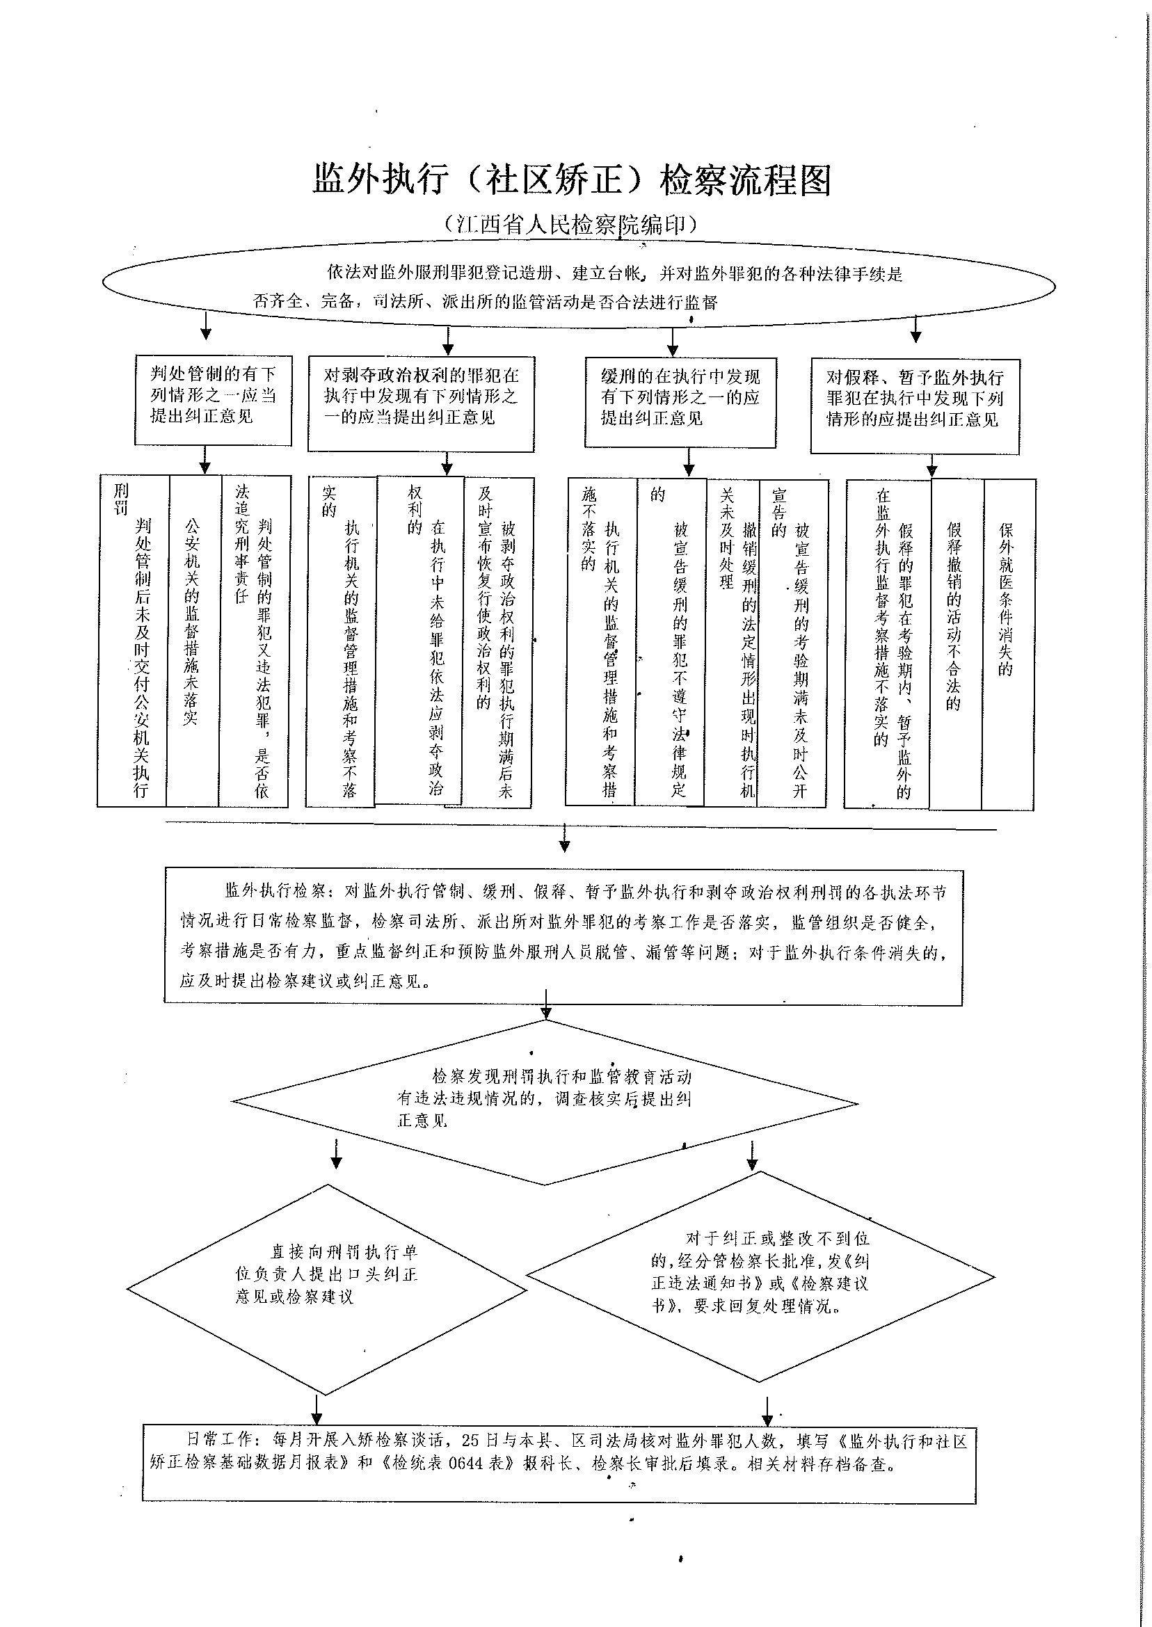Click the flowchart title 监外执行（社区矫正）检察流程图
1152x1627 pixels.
point(572,180)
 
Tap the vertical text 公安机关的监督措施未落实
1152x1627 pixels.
point(191,620)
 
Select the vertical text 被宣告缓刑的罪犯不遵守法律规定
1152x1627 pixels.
point(680,659)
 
